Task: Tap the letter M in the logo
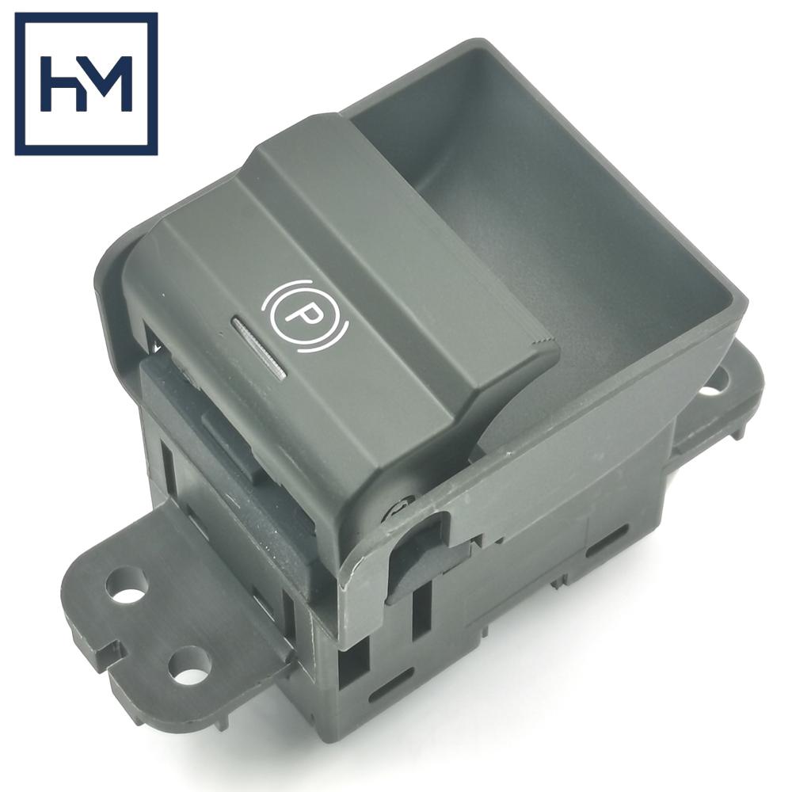[x=106, y=83]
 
